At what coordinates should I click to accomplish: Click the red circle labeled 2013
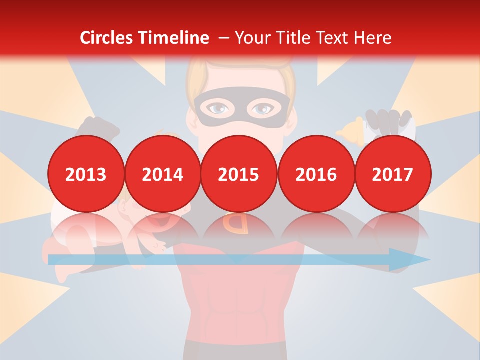86,174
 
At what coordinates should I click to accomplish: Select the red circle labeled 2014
163,174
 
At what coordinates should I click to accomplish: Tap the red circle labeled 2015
239,174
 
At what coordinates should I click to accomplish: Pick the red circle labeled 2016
316,174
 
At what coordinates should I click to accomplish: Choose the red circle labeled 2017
393,174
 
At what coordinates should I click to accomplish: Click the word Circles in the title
106,38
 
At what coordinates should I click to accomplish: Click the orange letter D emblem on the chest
238,223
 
